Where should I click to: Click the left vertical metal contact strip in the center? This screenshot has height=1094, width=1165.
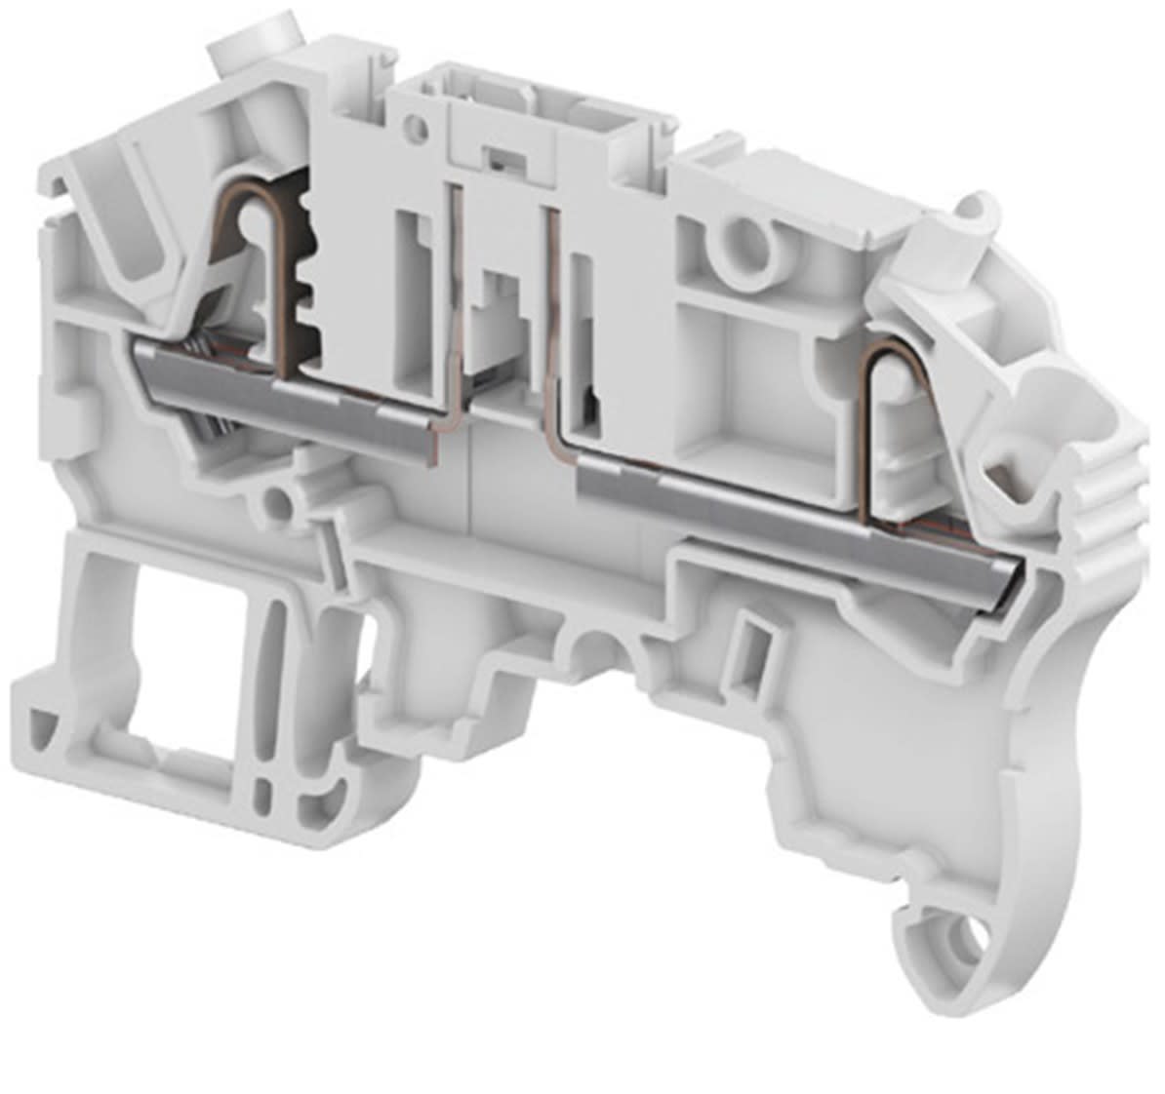(457, 312)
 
